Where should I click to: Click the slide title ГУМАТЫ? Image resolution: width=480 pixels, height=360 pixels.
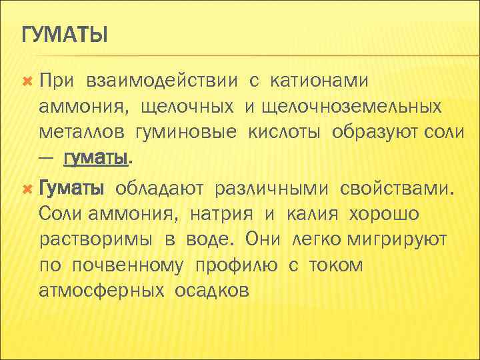point(65,33)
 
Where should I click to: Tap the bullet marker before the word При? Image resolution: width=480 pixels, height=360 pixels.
point(27,81)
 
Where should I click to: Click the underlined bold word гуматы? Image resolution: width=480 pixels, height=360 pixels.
point(95,158)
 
